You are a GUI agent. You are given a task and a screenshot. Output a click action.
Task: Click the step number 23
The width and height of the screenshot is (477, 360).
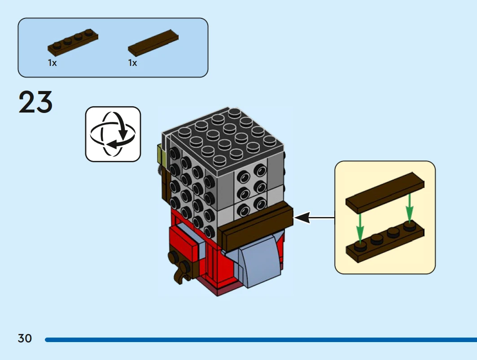click(35, 103)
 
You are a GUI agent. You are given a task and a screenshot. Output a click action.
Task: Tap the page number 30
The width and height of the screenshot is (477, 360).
click(25, 338)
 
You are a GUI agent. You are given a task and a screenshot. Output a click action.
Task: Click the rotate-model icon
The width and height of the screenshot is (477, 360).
click(113, 134)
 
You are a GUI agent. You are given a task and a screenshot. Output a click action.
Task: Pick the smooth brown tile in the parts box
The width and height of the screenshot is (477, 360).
click(153, 43)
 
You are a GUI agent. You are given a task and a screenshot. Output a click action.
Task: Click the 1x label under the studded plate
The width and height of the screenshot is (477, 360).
click(53, 63)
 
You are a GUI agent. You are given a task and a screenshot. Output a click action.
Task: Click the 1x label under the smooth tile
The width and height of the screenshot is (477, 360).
click(132, 63)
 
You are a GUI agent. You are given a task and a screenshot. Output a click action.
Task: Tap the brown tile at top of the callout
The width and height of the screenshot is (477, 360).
click(385, 192)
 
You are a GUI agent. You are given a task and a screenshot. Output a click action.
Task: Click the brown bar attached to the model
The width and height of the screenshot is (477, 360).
click(256, 226)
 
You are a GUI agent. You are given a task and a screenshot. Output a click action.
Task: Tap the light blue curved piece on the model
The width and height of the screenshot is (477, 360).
click(258, 262)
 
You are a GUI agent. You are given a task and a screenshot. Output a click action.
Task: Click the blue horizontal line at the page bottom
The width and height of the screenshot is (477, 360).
click(260, 340)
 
